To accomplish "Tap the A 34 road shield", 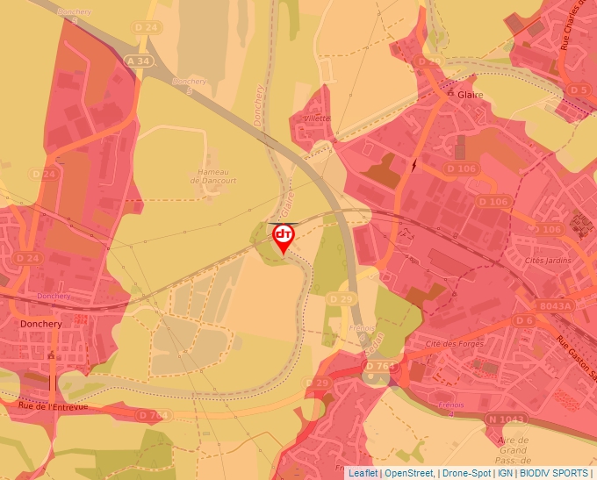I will [139, 61].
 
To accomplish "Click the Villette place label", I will [316, 118].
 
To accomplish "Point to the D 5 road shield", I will [577, 90].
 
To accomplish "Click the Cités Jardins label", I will [548, 260].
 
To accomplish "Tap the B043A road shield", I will [556, 305].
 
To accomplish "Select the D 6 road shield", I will [524, 320].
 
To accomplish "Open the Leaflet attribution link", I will [363, 473].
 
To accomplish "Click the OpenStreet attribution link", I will [409, 473].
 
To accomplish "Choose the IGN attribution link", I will [505, 473].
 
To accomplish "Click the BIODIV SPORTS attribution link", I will [554, 473].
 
